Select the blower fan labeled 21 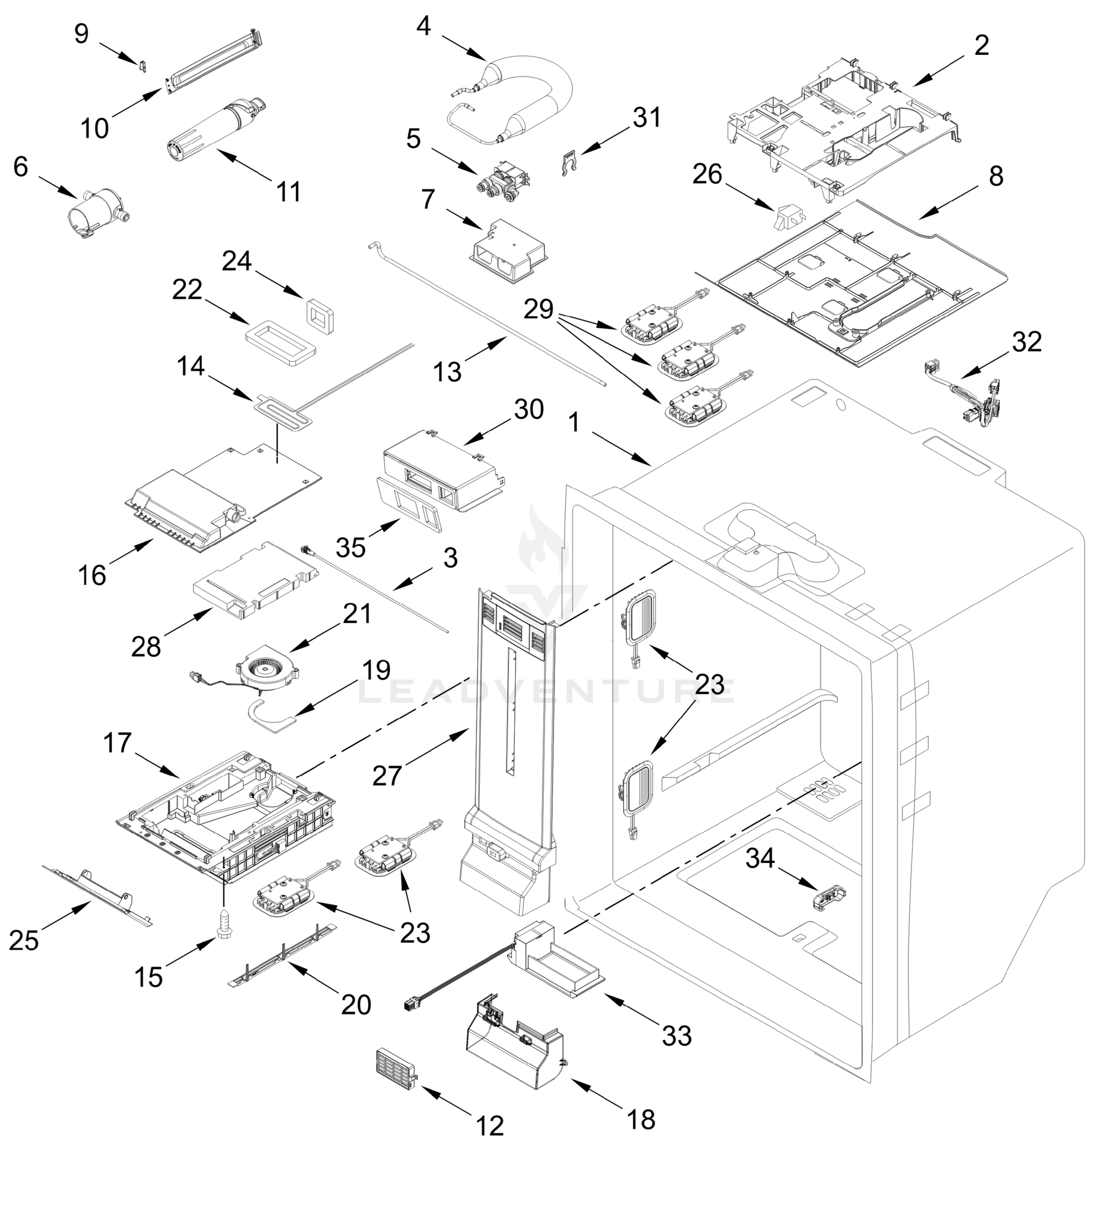(x=267, y=672)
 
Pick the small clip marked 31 (x=572, y=163)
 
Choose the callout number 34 (x=760, y=858)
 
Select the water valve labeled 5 (x=502, y=182)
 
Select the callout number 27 (x=387, y=776)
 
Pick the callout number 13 (x=447, y=372)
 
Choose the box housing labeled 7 (x=508, y=252)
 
